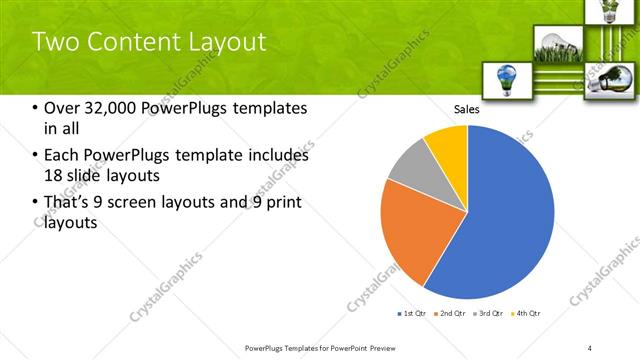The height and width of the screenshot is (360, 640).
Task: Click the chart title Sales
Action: click(467, 109)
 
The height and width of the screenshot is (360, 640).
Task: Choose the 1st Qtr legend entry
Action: click(414, 314)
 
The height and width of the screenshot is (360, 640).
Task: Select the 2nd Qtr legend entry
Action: click(451, 314)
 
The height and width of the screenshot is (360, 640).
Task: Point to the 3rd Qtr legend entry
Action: click(489, 314)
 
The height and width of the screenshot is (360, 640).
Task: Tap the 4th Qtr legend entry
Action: click(527, 314)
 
